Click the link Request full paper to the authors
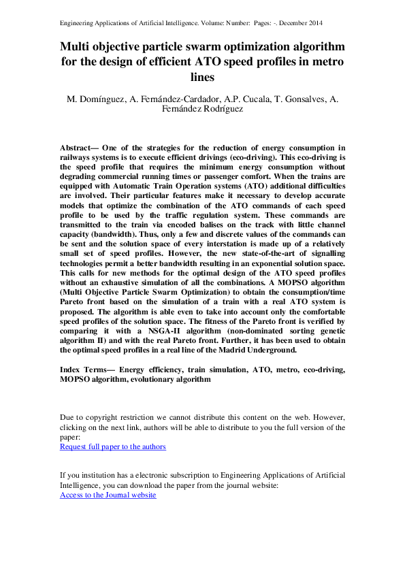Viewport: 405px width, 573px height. click(x=113, y=447)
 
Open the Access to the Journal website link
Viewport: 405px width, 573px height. click(x=108, y=495)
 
